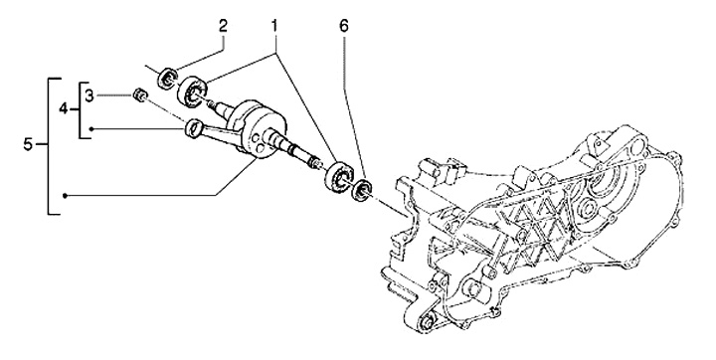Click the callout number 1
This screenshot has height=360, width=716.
[x=274, y=27]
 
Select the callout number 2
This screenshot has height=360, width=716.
[x=223, y=26]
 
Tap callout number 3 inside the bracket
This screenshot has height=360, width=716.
[x=89, y=95]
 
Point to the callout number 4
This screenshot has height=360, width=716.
[x=64, y=109]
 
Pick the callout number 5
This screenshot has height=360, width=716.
[x=28, y=145]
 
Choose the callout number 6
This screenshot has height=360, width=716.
[x=343, y=27]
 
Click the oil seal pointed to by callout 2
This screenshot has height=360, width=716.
[x=167, y=78]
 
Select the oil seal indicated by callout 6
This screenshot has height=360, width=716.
[x=361, y=190]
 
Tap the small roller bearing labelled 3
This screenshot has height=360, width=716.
[x=140, y=95]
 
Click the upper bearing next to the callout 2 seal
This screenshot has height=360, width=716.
[x=192, y=92]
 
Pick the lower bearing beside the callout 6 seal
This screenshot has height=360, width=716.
[x=340, y=177]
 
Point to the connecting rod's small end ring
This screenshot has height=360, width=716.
[x=192, y=127]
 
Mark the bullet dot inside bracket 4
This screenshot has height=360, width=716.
[x=91, y=129]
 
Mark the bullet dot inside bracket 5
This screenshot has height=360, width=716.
[x=66, y=196]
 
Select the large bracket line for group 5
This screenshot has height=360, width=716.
[x=49, y=146]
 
